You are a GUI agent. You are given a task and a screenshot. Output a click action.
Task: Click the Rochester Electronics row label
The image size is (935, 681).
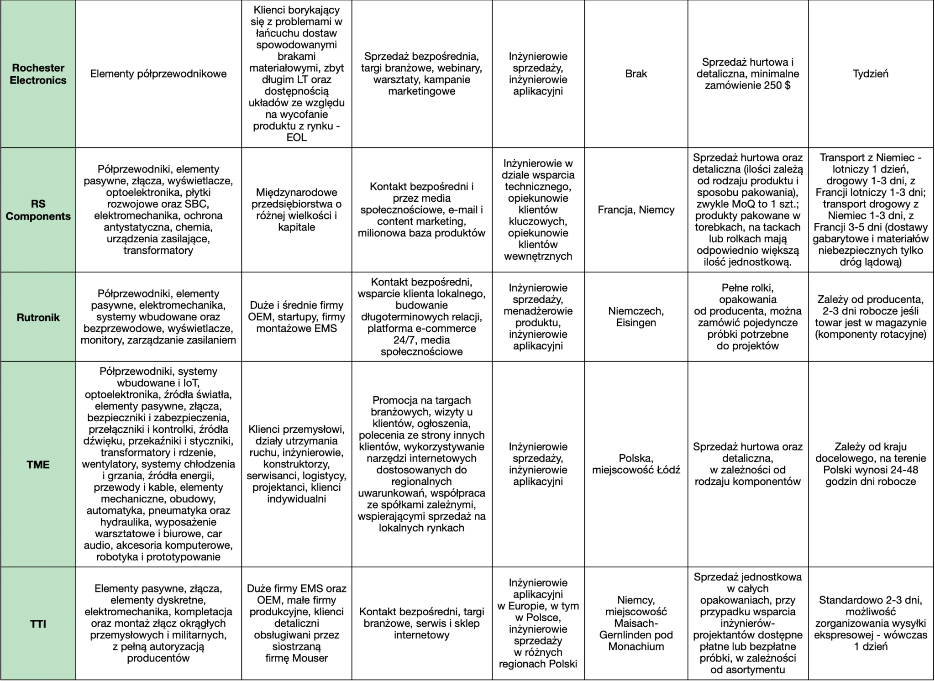pyautogui.click(x=38, y=74)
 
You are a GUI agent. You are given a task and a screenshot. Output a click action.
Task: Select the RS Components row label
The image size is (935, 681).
pyautogui.click(x=38, y=210)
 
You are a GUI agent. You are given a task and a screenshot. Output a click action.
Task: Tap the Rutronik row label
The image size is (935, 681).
pyautogui.click(x=38, y=317)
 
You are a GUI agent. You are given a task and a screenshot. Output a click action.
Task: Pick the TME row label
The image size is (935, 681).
pyautogui.click(x=38, y=464)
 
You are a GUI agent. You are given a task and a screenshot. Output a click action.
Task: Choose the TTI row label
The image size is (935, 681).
pyautogui.click(x=38, y=623)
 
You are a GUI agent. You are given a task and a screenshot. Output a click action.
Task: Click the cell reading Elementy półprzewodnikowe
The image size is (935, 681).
pyautogui.click(x=158, y=74)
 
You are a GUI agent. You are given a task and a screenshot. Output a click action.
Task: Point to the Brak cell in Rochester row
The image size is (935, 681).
pyautogui.click(x=636, y=74)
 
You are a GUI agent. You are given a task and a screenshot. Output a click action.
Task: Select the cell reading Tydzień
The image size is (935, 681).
pyautogui.click(x=870, y=74)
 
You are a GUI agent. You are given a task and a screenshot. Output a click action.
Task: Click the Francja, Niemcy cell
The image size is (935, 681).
pyautogui.click(x=636, y=210)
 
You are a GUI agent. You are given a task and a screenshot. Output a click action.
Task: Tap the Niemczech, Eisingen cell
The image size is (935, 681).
pyautogui.click(x=636, y=317)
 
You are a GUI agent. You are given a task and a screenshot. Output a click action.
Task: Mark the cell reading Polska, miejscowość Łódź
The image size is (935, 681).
pyautogui.click(x=636, y=464)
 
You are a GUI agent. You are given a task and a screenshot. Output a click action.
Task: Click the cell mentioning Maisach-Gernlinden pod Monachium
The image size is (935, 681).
pyautogui.click(x=636, y=623)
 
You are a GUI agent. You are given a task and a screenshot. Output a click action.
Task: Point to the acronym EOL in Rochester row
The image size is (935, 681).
pyautogui.click(x=296, y=137)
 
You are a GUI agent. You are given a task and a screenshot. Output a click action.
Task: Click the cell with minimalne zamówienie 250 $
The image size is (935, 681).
pyautogui.click(x=747, y=74)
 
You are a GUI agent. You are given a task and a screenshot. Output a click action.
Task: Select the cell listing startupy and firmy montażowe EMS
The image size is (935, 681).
pyautogui.click(x=296, y=317)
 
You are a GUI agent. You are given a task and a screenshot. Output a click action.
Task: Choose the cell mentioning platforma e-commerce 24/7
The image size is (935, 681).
pyautogui.click(x=421, y=317)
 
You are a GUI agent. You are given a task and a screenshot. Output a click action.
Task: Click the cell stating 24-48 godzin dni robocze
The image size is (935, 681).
pyautogui.click(x=870, y=464)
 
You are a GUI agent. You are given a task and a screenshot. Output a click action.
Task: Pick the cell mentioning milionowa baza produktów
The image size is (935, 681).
pyautogui.click(x=421, y=210)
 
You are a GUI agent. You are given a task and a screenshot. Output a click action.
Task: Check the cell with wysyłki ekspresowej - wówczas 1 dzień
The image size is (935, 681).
pyautogui.click(x=870, y=623)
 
